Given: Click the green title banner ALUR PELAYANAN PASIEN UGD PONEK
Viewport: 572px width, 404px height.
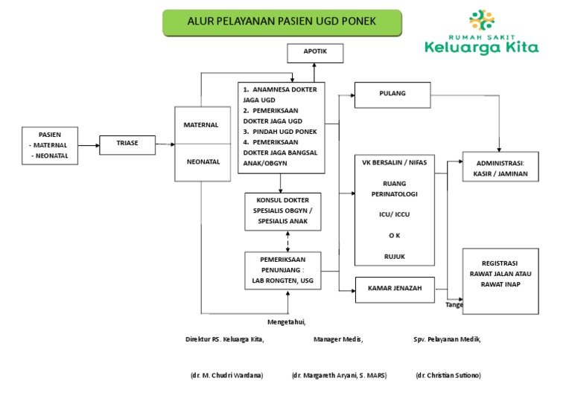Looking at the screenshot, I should click(x=282, y=22).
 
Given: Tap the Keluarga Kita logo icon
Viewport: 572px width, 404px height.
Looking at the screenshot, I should click(x=482, y=22).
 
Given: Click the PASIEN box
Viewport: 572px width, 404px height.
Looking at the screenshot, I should click(x=50, y=145).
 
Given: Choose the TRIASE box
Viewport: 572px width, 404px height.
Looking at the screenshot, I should click(x=127, y=143).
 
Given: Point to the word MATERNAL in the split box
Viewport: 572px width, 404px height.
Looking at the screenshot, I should click(x=201, y=125).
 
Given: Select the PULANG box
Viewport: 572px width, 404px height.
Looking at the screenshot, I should click(x=392, y=94).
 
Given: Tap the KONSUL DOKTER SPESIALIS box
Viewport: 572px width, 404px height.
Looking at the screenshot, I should click(x=283, y=211).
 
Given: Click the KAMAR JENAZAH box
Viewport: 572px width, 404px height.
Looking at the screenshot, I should click(x=394, y=289).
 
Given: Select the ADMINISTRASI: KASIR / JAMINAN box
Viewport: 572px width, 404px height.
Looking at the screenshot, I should click(x=499, y=167).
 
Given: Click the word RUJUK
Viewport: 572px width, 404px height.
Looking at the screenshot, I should click(x=394, y=257).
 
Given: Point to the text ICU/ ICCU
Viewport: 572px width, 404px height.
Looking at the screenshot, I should click(x=394, y=214).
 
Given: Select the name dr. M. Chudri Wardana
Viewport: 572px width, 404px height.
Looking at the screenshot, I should click(x=226, y=376).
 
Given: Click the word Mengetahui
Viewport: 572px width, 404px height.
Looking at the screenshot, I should click(x=287, y=321).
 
